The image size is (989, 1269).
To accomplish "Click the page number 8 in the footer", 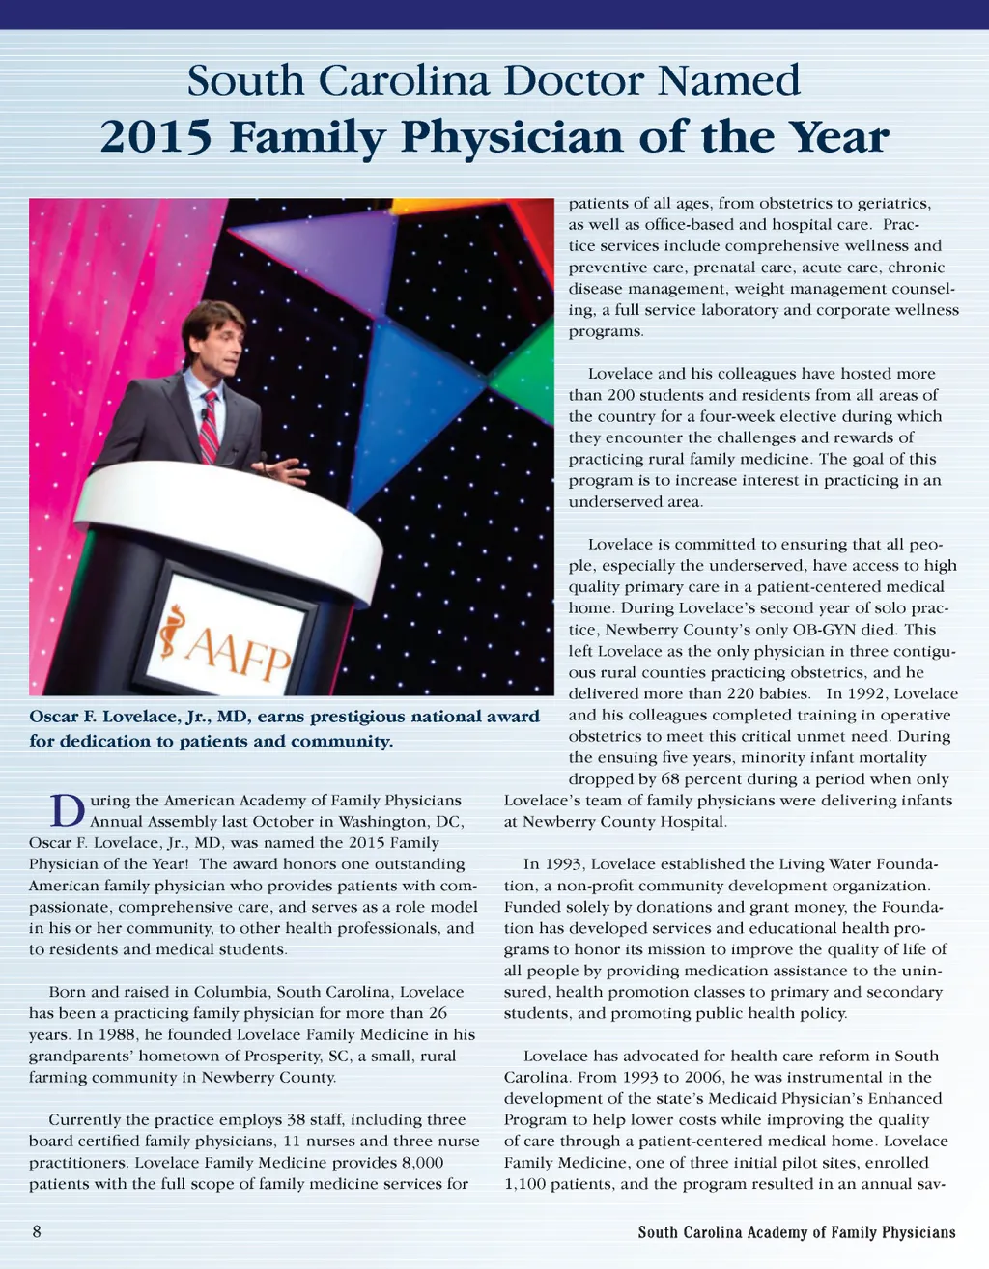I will [37, 1231].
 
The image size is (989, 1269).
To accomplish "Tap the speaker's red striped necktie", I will [208, 428].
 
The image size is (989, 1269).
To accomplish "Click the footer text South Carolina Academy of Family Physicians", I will [797, 1231].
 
